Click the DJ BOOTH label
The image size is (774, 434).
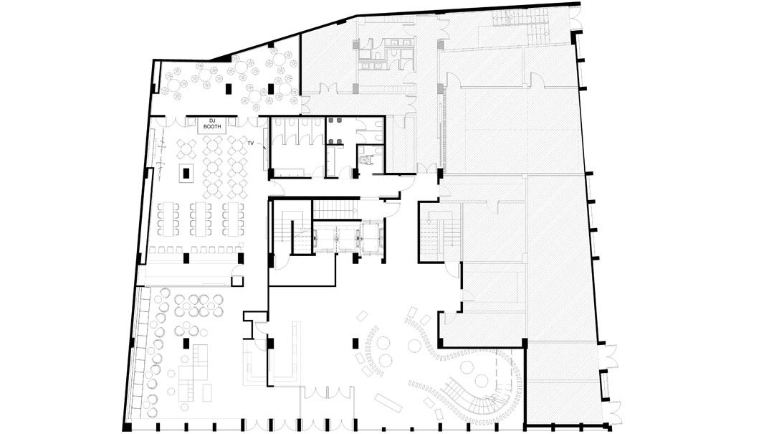click(212, 123)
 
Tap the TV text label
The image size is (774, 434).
click(250, 143)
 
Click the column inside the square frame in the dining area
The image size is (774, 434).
click(186, 173)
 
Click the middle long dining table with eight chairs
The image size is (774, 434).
click(201, 218)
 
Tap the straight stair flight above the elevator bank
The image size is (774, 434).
click(335, 209)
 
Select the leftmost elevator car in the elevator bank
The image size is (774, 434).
click(326, 240)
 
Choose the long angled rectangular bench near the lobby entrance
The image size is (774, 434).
click(388, 402)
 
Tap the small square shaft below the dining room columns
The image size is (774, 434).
click(237, 280)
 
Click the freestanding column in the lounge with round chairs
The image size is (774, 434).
click(186, 344)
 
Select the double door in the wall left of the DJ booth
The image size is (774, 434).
click(173, 121)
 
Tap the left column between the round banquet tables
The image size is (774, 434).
click(229, 90)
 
